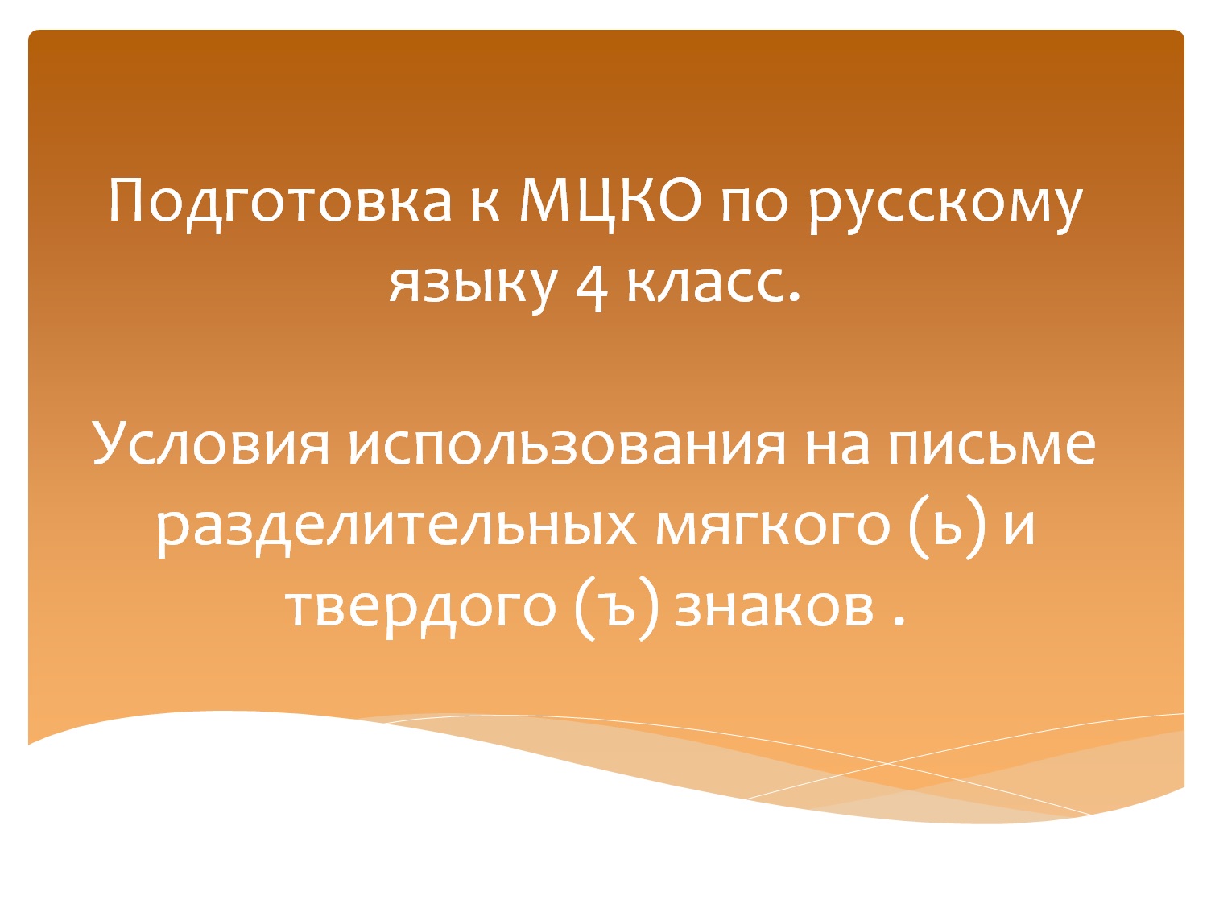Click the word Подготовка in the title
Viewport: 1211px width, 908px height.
[x=279, y=201]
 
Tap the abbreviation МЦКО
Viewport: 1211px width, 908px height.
[x=610, y=201]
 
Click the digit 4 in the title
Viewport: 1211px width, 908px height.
[x=592, y=286]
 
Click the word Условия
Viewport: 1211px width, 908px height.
[x=212, y=444]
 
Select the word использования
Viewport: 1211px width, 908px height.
[x=567, y=444]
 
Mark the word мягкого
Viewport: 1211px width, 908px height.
[x=773, y=525]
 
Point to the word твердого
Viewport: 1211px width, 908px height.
[x=420, y=606]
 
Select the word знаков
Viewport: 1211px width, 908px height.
[x=774, y=606]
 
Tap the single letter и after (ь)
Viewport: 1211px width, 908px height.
[x=1019, y=526]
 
